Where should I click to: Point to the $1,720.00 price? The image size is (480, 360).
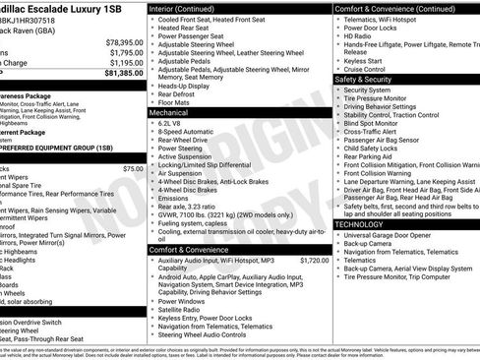click(314, 261)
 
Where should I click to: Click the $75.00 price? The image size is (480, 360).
click(133, 169)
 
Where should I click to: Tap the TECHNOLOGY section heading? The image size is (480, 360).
click(366, 225)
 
